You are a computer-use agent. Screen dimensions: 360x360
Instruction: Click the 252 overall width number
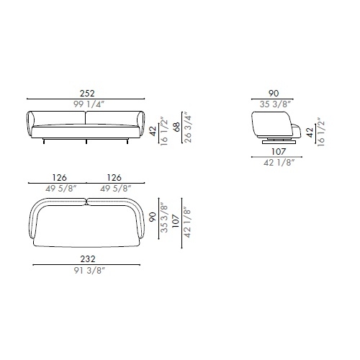coord(87,93)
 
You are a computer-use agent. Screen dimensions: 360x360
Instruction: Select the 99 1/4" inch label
coord(89,104)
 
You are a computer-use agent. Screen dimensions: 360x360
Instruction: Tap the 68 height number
coord(177,127)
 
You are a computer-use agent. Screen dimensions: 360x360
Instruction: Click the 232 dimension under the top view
coord(88,259)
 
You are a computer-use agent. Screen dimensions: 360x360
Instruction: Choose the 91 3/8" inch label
coord(89,271)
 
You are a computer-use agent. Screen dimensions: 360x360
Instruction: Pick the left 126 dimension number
coord(60,178)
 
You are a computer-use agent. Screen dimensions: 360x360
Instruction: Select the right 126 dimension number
coord(114,178)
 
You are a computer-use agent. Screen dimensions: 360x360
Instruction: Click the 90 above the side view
coord(274,94)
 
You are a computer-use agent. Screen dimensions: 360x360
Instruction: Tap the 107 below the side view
coord(279,152)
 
